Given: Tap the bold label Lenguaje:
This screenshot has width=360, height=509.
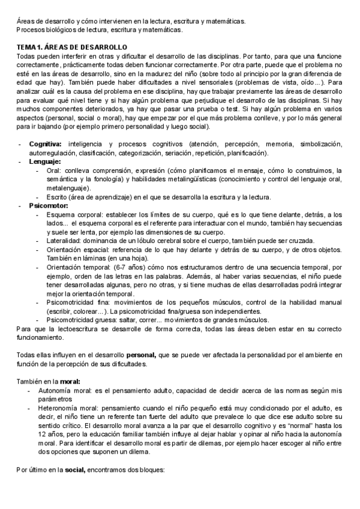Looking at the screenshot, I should [44, 161].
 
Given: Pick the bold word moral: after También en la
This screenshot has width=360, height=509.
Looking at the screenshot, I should [70, 381].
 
